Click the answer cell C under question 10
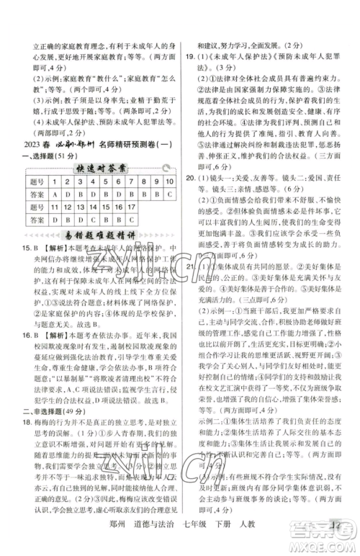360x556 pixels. pyautogui.click(x=169, y=194)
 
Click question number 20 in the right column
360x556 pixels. pyautogui.click(x=193, y=177)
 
